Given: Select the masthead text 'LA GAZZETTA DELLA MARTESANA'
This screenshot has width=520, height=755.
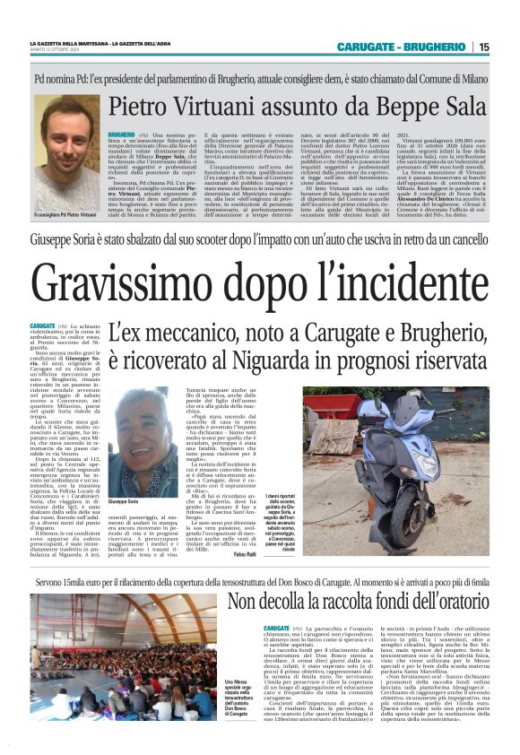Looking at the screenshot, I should click(x=66, y=43).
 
